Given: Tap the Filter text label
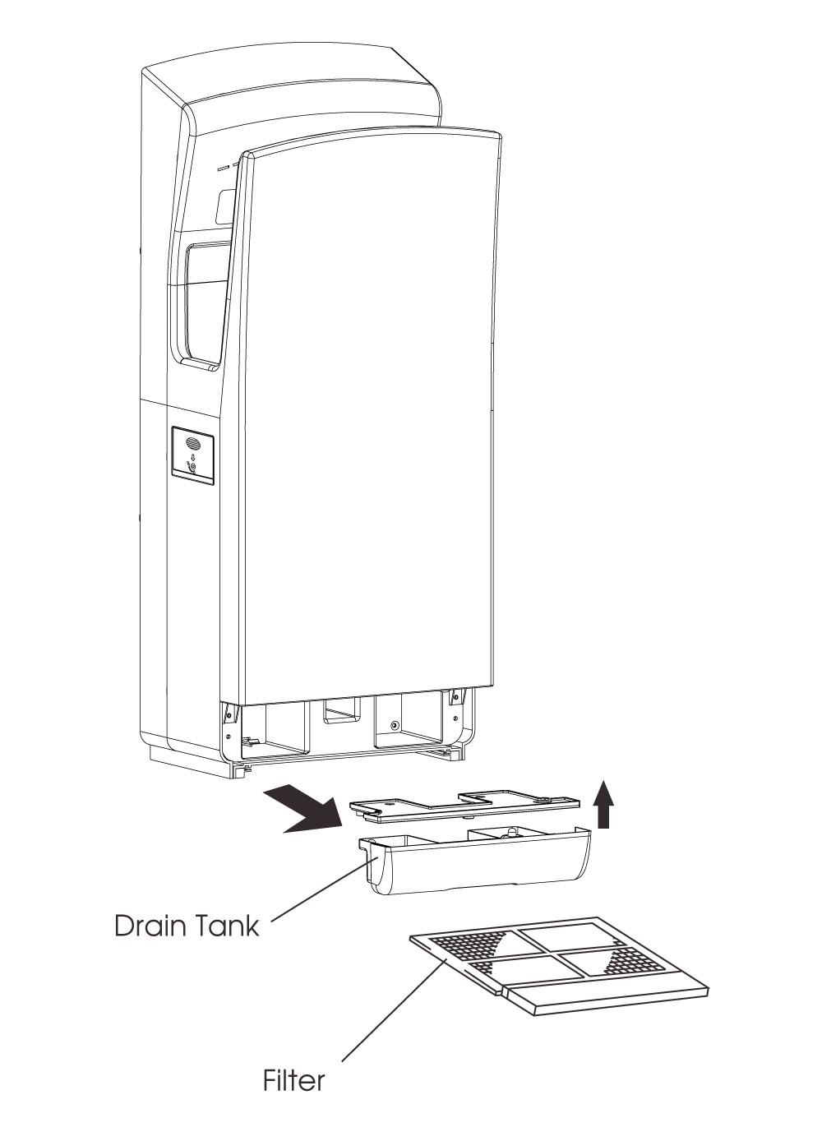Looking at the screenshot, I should pyautogui.click(x=293, y=1079).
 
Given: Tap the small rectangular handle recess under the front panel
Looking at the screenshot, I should pyautogui.click(x=341, y=712).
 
